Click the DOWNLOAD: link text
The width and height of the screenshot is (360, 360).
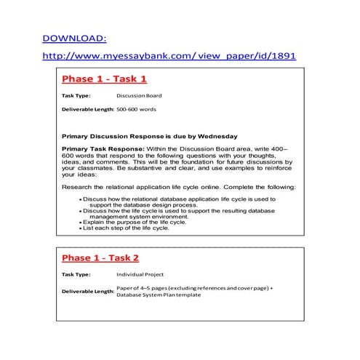click(74, 39)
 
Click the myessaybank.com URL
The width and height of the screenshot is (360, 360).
click(169, 56)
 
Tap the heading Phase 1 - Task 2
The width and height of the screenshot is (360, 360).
click(105, 257)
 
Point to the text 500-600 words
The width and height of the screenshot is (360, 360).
click(137, 109)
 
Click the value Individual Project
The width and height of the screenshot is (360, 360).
click(140, 275)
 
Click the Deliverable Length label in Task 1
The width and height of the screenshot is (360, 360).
click(88, 109)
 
